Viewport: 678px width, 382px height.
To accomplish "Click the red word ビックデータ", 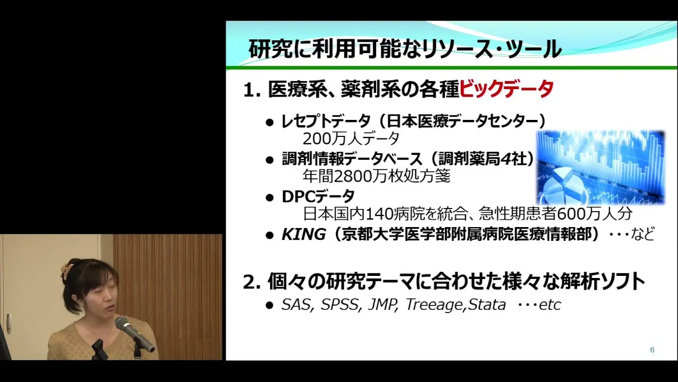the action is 506,89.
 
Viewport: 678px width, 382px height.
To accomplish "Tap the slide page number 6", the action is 652,350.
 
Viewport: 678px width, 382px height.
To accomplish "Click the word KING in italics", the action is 304,234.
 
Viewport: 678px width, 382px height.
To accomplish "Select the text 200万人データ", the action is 351,139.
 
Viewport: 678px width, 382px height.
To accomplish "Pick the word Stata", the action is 487,305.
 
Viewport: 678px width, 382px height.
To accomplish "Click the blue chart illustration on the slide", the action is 601,167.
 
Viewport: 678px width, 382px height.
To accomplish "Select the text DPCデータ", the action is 318,196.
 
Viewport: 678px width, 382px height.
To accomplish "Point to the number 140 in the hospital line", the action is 376,214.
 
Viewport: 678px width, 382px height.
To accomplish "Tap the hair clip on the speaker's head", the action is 66,270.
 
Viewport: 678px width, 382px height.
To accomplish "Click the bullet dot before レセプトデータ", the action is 270,123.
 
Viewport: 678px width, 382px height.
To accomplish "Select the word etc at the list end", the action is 550,305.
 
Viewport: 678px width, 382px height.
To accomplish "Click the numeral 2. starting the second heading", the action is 252,282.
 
